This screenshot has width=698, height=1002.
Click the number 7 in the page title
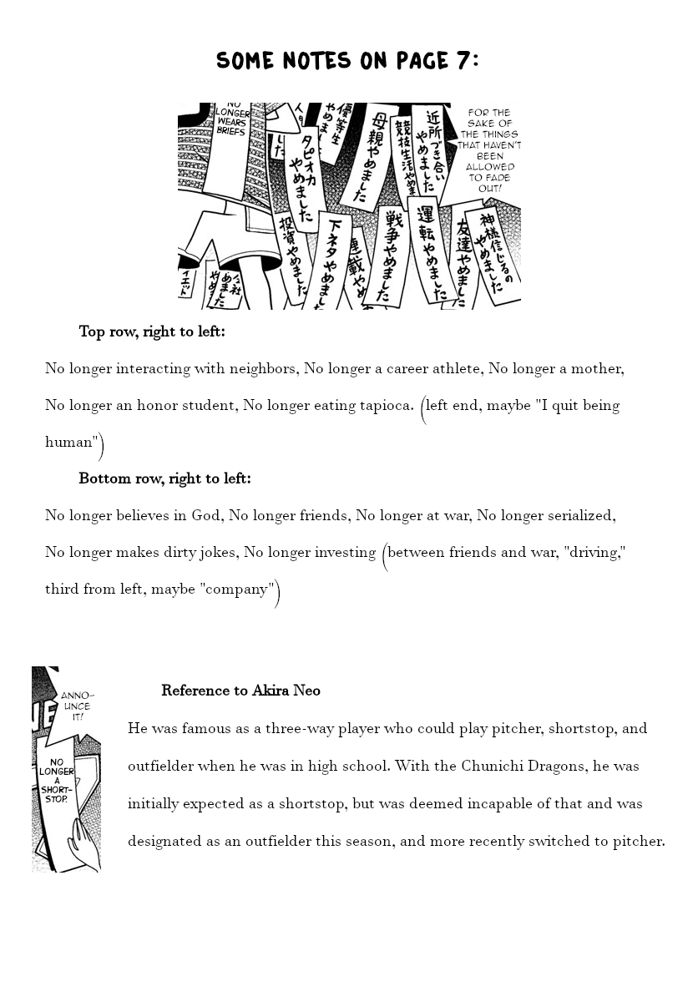tap(462, 60)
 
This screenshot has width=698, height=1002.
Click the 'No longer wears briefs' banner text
tap(232, 118)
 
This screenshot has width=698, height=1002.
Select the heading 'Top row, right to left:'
tap(152, 332)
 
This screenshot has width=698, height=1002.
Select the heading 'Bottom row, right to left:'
tap(164, 479)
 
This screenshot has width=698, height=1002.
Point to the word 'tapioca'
tap(386, 406)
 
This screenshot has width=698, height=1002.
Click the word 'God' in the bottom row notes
tap(205, 516)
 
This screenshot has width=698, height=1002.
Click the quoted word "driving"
tap(597, 553)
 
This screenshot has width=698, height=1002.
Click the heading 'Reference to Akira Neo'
tap(240, 691)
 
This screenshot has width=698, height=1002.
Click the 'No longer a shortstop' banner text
tap(57, 780)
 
